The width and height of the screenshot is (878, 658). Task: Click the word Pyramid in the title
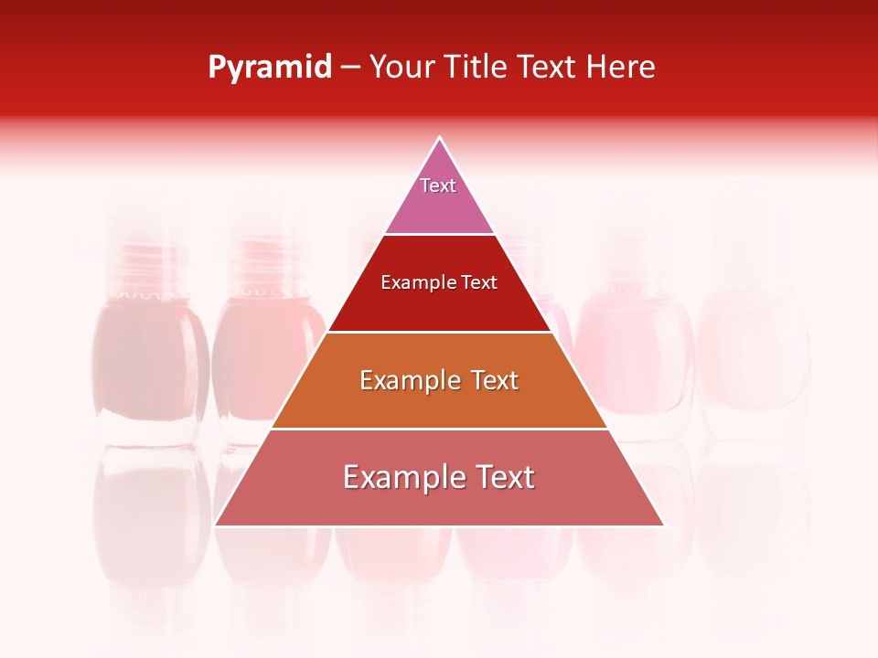click(x=269, y=68)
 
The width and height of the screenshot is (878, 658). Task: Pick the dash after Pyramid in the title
click(x=350, y=69)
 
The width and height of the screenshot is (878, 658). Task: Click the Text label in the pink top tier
click(x=438, y=186)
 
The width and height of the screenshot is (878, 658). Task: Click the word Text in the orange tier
click(x=492, y=380)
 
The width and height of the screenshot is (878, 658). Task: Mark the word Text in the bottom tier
click(x=504, y=477)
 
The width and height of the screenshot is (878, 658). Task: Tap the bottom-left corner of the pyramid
click(x=216, y=525)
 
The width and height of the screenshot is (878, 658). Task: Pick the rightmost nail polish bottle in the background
click(x=755, y=356)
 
